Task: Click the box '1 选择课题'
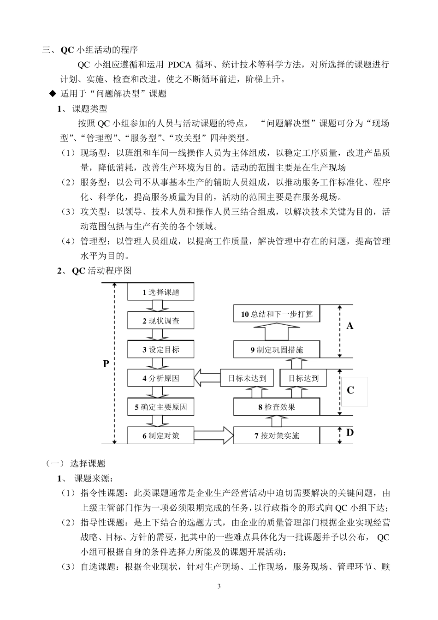click(x=160, y=292)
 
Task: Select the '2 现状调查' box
click(x=160, y=321)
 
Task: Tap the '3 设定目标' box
click(x=160, y=350)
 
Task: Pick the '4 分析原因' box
click(x=160, y=379)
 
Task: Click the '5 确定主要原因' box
click(x=160, y=407)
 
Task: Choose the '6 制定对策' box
click(x=160, y=435)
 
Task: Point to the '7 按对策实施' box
click(x=277, y=435)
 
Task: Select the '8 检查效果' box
click(x=277, y=407)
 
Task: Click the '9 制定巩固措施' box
click(x=277, y=350)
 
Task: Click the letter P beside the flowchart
click(x=106, y=364)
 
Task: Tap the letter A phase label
click(x=350, y=326)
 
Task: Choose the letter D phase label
click(x=350, y=433)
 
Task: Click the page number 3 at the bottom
click(x=219, y=586)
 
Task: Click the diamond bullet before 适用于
click(x=53, y=94)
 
